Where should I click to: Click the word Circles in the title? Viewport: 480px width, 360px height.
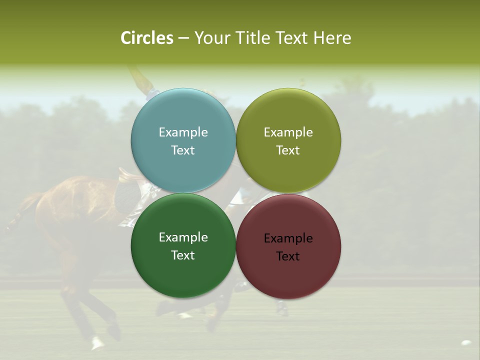tap(146, 38)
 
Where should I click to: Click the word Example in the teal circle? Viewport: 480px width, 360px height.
tap(183, 132)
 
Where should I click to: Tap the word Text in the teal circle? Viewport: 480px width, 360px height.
tap(183, 150)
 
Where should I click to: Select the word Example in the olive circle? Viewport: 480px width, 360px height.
tap(288, 132)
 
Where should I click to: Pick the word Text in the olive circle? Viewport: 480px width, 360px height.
tap(288, 150)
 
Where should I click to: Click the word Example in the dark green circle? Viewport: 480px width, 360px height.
tap(183, 237)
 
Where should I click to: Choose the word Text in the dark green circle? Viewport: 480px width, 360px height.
tap(183, 255)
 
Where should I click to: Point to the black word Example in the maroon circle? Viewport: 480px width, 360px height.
tap(288, 238)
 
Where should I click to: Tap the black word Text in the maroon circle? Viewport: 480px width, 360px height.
tap(288, 256)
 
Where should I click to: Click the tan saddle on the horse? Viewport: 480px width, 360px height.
tap(127, 174)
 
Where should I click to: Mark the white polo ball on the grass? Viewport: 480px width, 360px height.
tap(466, 343)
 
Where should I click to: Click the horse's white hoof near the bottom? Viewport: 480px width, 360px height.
tap(96, 342)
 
